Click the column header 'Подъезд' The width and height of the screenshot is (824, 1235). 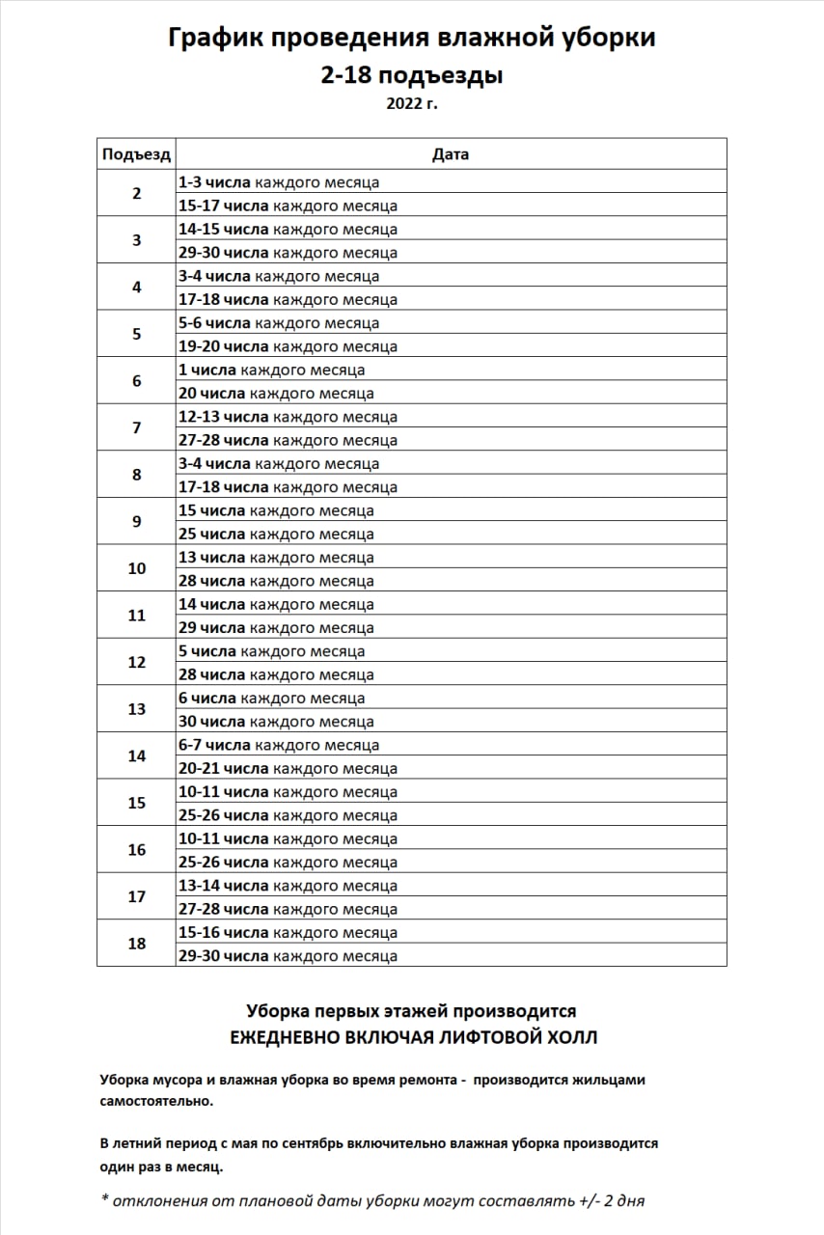point(136,154)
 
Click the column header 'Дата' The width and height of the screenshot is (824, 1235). point(451,154)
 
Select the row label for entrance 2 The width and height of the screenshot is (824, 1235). point(136,193)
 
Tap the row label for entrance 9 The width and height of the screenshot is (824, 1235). point(136,522)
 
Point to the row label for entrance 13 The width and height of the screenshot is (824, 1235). point(136,709)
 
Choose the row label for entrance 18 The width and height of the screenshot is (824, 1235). point(136,944)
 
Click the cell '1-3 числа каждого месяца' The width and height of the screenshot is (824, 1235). point(279,182)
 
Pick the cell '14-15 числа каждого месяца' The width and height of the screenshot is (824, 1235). point(288,230)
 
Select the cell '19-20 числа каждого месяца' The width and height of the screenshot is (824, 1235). point(288,346)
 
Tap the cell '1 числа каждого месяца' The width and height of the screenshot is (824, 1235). point(271,370)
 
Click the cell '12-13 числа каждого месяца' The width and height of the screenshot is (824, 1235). point(288,417)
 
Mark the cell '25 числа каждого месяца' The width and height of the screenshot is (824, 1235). point(276,535)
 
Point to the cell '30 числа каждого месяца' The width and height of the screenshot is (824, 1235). point(276,722)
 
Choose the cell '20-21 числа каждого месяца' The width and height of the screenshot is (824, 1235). point(288,769)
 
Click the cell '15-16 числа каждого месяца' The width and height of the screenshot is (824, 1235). point(288,933)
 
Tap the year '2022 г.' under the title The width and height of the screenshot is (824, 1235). point(412,104)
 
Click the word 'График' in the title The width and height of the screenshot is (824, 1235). point(218,39)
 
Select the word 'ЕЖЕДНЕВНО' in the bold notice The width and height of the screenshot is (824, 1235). point(290,1038)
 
